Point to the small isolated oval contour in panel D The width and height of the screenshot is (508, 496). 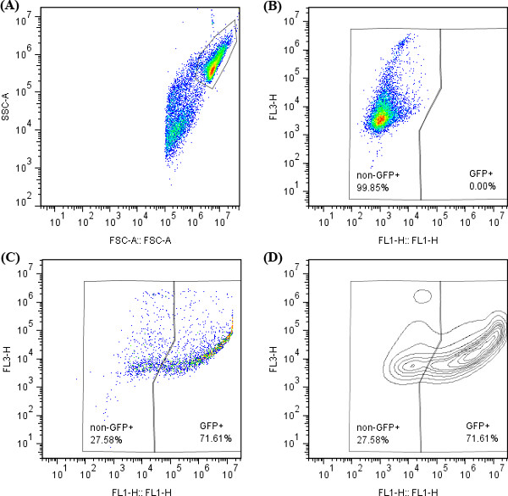click(x=422, y=295)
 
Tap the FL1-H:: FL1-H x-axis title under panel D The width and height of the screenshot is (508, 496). click(x=409, y=488)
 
